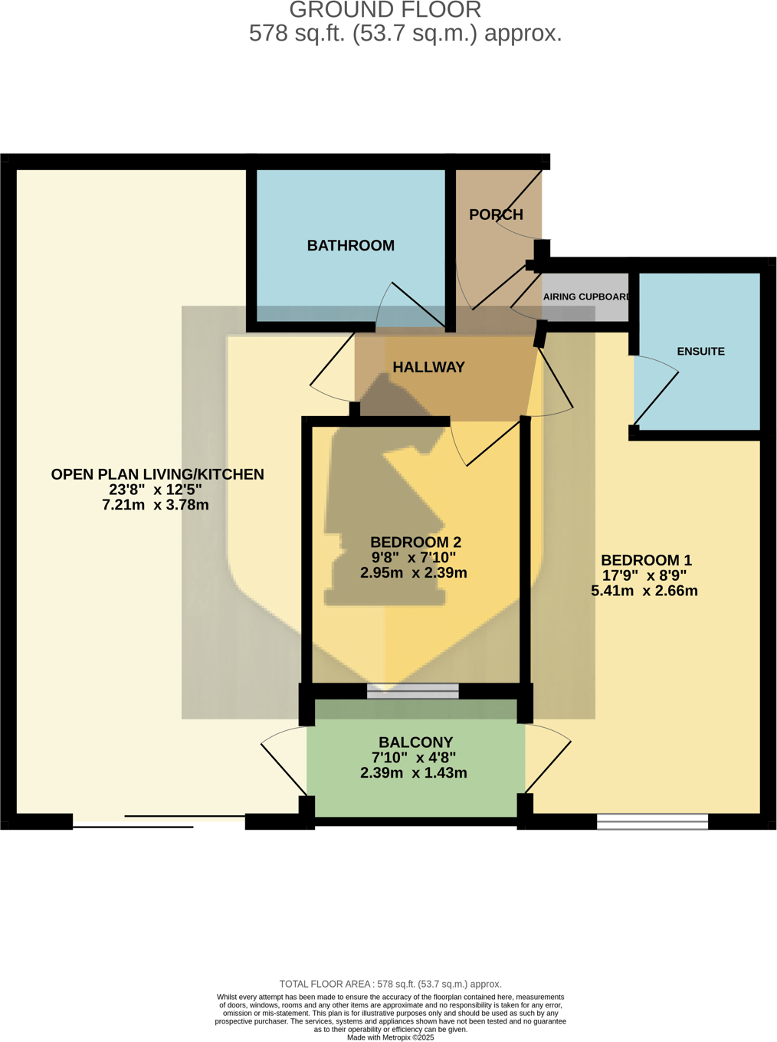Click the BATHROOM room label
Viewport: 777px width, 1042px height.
[x=350, y=246]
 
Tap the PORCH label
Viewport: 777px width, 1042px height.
[x=496, y=215]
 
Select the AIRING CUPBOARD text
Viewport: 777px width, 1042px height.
[x=586, y=297]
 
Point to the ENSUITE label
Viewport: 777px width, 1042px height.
[x=700, y=352]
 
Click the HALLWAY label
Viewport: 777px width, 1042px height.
[x=428, y=368]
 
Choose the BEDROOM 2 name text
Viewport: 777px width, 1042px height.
[x=415, y=542]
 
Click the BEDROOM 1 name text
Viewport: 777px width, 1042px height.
[x=645, y=560]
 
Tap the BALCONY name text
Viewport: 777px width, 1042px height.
[x=415, y=742]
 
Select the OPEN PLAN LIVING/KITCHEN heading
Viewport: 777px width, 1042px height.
[x=157, y=474]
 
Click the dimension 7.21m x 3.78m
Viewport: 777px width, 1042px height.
[x=155, y=505]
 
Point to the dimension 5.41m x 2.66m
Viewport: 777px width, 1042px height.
[x=644, y=591]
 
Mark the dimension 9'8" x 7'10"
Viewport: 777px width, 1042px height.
[x=414, y=558]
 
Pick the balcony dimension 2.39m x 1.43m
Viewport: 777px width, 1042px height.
[x=413, y=773]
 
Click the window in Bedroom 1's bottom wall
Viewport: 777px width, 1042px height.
[x=652, y=822]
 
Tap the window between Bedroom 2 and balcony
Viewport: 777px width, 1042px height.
[x=412, y=691]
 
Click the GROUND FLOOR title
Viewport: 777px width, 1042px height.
[x=385, y=10]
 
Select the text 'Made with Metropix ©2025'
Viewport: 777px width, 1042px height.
[x=390, y=1037]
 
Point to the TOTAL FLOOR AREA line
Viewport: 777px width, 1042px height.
[x=390, y=984]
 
